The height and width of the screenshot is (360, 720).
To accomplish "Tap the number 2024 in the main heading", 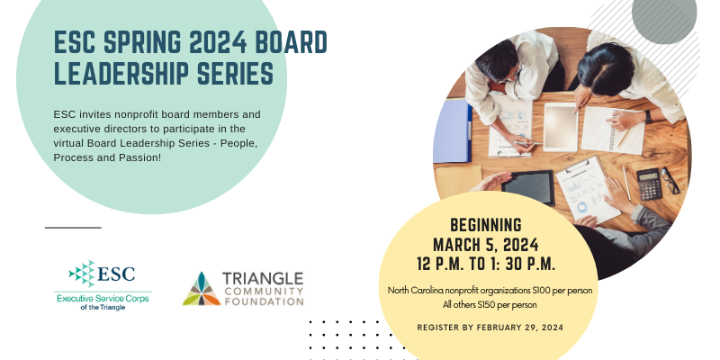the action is click(218, 42).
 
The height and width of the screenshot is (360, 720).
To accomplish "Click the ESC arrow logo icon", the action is click(82, 274).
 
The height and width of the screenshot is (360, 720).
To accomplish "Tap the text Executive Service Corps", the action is click(103, 299).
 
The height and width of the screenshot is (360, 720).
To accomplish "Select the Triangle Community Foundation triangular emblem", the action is click(202, 289).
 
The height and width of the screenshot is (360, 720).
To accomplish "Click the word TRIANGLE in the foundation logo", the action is click(263, 279).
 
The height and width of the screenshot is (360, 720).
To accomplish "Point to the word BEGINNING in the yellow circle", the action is click(486, 226).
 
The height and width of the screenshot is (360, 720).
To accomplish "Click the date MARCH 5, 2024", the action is click(486, 245).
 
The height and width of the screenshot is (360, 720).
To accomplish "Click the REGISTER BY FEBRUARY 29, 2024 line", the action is click(490, 328).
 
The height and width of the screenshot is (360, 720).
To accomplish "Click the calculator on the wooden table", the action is click(649, 184).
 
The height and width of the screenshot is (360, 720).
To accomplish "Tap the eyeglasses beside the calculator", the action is click(670, 181).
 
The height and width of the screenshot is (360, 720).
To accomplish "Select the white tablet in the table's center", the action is click(561, 127).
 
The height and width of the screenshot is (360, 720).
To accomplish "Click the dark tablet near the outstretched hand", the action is click(528, 187).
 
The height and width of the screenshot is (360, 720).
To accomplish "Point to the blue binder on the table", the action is click(453, 130).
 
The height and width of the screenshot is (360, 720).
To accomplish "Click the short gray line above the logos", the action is click(73, 228).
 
